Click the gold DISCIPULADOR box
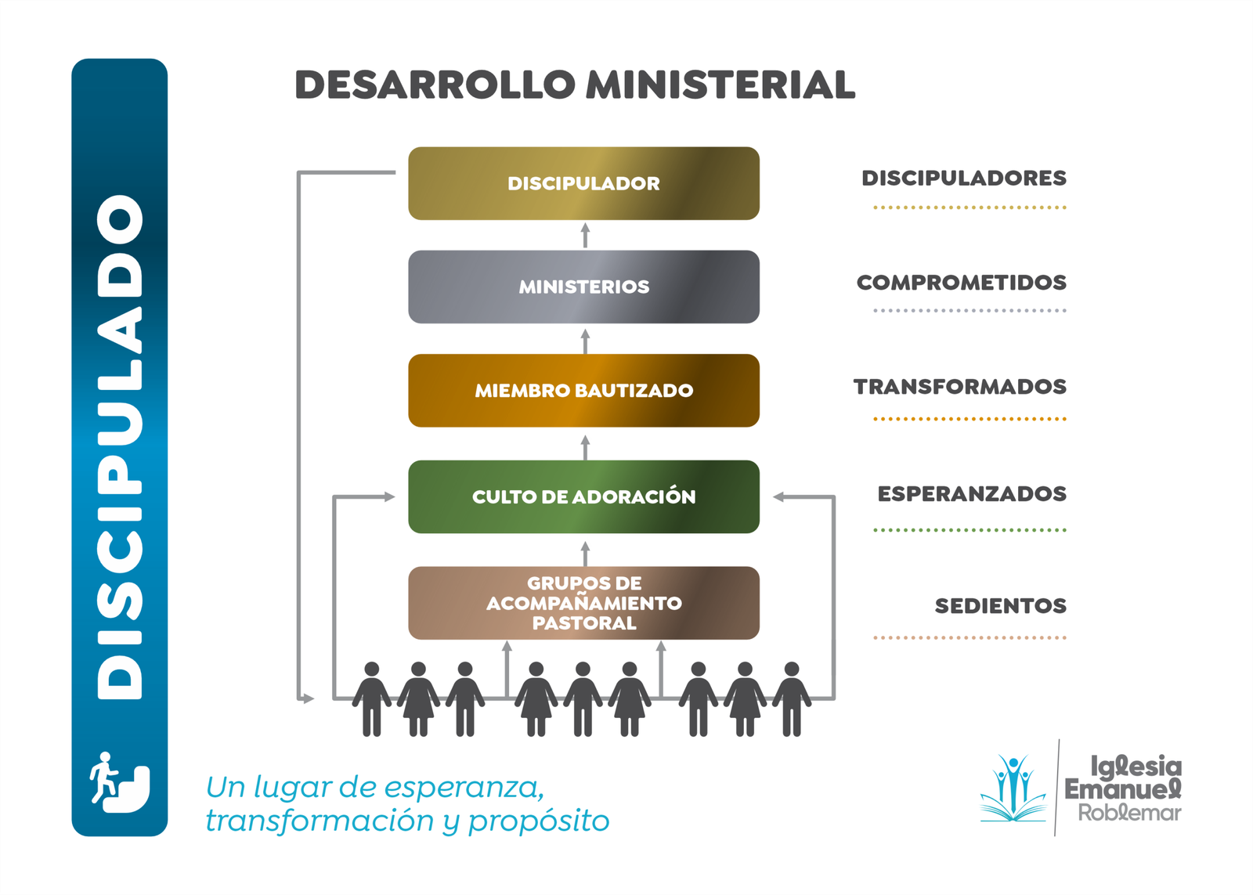583,183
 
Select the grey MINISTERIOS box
583,287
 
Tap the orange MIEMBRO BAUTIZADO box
583,390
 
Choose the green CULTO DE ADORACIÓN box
583,496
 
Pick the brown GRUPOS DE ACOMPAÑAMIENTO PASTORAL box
583,603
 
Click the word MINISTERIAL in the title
720,85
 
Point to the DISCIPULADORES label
963,179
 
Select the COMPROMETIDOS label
961,283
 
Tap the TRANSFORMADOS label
959,387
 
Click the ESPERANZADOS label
971,494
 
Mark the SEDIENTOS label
1000,606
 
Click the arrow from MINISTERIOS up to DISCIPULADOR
585,235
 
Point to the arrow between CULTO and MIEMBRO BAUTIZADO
585,447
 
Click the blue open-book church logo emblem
1013,789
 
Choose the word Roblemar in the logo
1128,813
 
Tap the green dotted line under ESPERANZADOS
970,530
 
